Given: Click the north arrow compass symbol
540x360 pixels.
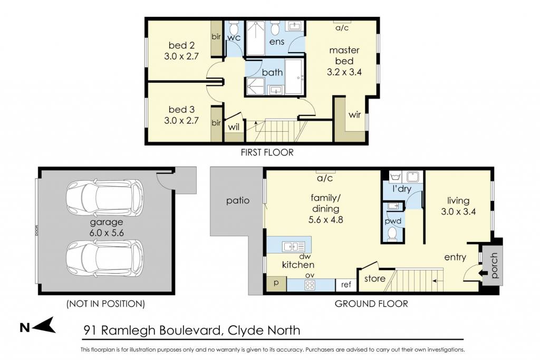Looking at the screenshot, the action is click(38, 326).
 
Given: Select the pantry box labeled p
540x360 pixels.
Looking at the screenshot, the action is click(276, 284).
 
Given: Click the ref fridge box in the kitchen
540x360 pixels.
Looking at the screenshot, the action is click(346, 285).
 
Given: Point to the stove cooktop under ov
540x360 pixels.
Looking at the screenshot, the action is click(310, 285).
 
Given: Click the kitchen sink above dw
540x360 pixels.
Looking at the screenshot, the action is click(293, 247).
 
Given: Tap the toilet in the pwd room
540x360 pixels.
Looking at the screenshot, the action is click(392, 235).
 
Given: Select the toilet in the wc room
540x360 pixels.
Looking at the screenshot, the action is click(234, 27).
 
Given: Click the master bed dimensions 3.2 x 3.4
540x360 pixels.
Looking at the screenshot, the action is click(344, 72).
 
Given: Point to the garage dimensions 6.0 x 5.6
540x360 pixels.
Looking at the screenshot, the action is click(107, 232).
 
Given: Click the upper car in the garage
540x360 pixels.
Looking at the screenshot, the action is click(105, 196).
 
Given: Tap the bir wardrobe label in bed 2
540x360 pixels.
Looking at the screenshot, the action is click(216, 36).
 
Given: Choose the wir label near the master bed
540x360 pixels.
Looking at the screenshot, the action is click(355, 114).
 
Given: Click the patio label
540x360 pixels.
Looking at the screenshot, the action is click(238, 201).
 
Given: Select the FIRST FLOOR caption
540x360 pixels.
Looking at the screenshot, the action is click(267, 152).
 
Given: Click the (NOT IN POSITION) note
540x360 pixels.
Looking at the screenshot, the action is click(105, 304).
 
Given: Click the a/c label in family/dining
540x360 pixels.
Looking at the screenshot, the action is click(325, 178).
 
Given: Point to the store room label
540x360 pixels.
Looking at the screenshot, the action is click(375, 278).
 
